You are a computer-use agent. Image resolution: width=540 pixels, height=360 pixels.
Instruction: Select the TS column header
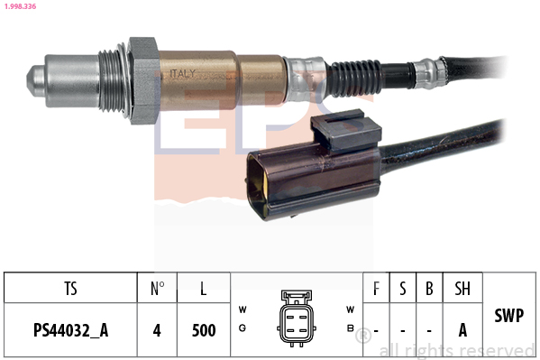pyautogui.click(x=70, y=289)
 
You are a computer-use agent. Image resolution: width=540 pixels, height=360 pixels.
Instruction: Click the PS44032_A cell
pyautogui.click(x=70, y=330)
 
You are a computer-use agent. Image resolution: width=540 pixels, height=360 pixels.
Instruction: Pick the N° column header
pyautogui.click(x=157, y=289)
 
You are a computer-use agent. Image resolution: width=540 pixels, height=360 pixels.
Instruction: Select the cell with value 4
pyautogui.click(x=157, y=330)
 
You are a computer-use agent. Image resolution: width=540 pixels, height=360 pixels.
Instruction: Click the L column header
pyautogui.click(x=204, y=289)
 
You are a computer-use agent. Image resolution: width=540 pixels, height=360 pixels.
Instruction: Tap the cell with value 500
pyautogui.click(x=204, y=330)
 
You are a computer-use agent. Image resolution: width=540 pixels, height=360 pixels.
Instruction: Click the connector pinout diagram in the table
pyautogui.click(x=296, y=317)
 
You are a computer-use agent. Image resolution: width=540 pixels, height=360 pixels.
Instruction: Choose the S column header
pyautogui.click(x=403, y=289)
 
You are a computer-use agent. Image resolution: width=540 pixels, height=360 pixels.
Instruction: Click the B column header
pyautogui.click(x=429, y=289)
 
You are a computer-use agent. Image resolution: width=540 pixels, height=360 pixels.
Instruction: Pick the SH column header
pyautogui.click(x=462, y=289)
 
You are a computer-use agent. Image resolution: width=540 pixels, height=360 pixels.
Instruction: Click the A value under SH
pyautogui.click(x=462, y=330)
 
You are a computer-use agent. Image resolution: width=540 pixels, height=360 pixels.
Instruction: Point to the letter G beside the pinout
pyautogui.click(x=243, y=328)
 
